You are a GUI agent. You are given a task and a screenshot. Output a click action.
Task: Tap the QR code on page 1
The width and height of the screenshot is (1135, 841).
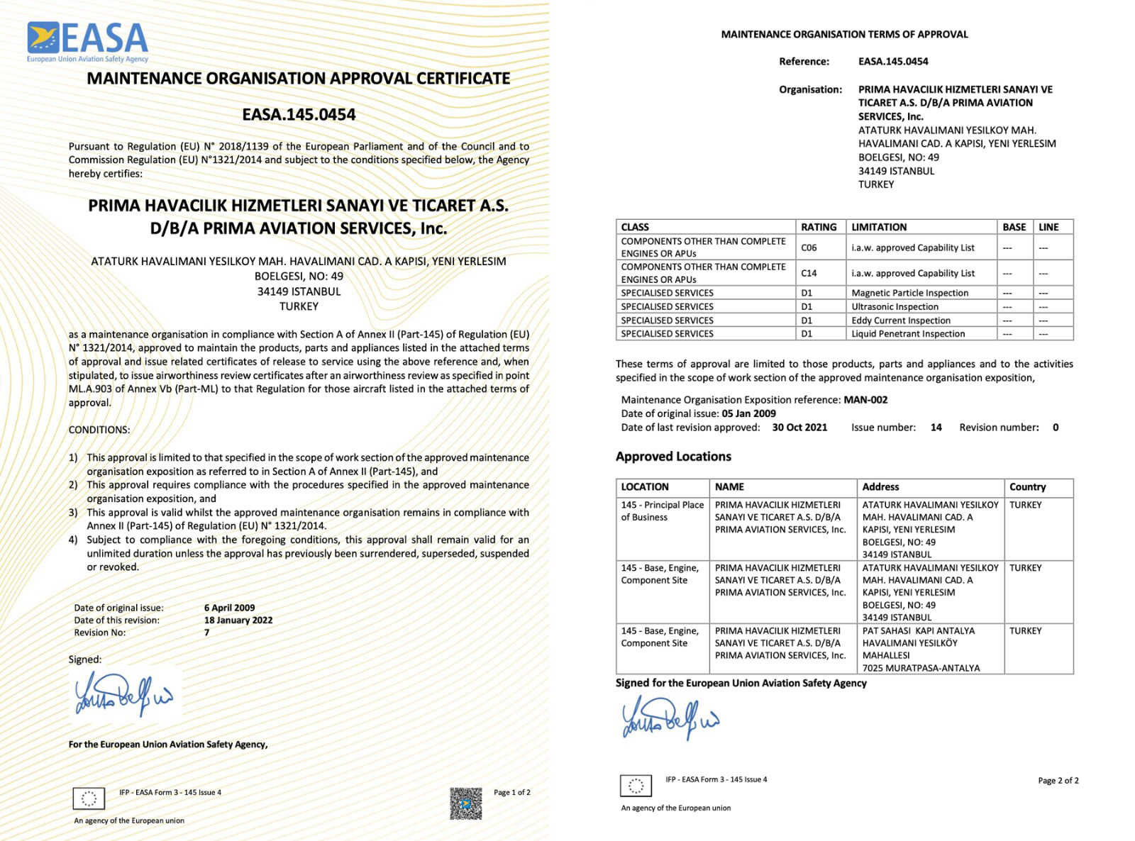coord(465,803)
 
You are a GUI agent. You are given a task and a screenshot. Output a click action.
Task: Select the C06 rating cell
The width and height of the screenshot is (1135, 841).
coord(809,247)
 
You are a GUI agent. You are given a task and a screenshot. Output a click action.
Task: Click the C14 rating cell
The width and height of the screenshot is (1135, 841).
coord(809,273)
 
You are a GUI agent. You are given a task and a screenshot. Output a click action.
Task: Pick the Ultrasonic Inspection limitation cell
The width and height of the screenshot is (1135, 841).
coord(895,307)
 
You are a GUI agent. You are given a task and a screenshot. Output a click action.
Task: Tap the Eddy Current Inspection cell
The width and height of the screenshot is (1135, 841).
coord(901,321)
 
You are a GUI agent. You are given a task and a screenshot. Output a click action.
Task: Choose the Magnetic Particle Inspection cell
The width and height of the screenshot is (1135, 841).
coord(909,293)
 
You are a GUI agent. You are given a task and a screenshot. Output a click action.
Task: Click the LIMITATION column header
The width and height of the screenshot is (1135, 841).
coord(879,227)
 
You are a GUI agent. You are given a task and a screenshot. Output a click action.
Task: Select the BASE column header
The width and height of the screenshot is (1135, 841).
coord(1014,227)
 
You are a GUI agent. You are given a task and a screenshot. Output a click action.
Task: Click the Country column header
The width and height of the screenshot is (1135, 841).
coord(1027,487)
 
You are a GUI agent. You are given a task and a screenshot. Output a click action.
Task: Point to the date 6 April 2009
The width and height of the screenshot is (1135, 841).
coord(229,608)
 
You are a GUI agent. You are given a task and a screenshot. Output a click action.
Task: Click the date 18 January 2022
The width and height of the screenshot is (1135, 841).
coord(238,620)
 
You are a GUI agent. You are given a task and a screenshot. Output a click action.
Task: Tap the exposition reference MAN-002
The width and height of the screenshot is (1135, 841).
coord(865,400)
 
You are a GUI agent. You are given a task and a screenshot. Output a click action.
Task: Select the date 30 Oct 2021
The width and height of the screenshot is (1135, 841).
coord(799,428)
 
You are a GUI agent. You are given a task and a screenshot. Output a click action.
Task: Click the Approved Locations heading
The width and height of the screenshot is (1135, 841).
coord(673,457)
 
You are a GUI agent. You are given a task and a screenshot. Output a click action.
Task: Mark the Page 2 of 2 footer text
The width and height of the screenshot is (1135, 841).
coord(1058,781)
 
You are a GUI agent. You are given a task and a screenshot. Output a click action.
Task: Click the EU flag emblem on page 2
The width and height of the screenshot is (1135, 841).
coord(636,786)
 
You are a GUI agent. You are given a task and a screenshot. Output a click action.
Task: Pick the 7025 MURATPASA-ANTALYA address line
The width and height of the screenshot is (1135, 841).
coord(921,668)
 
